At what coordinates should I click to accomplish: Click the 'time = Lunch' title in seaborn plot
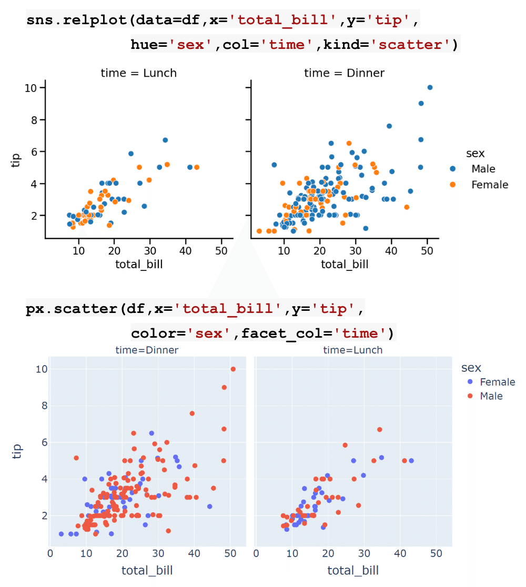click(x=139, y=73)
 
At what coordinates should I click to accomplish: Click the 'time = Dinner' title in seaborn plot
click(x=345, y=73)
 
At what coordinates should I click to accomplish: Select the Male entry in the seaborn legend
click(x=483, y=169)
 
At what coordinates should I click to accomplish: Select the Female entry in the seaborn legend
click(x=489, y=185)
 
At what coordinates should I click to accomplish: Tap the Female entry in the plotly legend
click(x=497, y=382)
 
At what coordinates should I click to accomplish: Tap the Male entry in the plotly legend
click(x=491, y=396)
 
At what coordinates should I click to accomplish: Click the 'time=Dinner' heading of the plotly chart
click(x=147, y=350)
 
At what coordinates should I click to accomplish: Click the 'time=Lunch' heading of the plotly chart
click(x=352, y=350)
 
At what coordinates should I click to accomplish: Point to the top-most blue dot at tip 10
click(x=430, y=87)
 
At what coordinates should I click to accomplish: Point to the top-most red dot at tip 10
click(x=233, y=369)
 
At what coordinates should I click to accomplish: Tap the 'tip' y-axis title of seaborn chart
click(x=16, y=160)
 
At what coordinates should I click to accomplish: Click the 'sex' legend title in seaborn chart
click(x=475, y=154)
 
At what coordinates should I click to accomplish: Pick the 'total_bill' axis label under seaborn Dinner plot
click(x=345, y=264)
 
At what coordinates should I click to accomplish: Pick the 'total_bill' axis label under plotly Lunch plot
click(x=353, y=570)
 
